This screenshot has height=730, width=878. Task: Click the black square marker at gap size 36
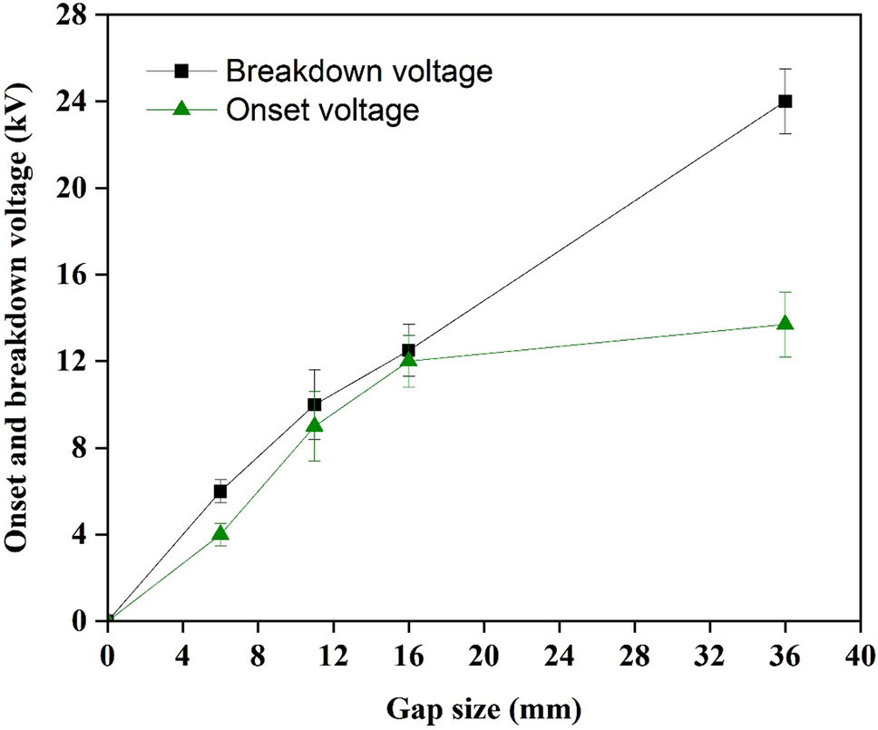785,101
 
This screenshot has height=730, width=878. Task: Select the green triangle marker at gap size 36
785,324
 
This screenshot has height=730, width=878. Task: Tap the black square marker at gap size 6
219,491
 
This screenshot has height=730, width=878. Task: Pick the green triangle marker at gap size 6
219,533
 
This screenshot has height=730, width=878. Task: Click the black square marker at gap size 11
314,404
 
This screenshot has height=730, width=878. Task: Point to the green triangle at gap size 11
314,425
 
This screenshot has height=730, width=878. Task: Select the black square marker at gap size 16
408,350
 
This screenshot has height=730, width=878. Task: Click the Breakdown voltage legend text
360,71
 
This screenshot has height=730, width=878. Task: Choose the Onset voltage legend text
323,109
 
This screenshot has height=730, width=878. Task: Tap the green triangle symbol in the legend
180,109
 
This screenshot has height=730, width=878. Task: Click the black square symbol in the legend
180,71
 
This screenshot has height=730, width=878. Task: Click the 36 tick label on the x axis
785,653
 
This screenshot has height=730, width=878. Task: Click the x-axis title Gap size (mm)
485,706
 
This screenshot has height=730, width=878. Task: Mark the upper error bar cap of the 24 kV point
785,69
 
